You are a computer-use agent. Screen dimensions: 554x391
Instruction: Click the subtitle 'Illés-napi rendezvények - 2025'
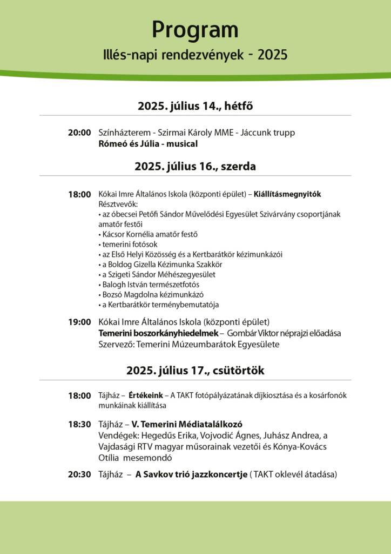pos(195,55)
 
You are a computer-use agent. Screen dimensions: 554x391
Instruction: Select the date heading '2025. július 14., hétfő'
pos(195,106)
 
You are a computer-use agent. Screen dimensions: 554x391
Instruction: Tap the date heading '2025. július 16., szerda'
pos(195,167)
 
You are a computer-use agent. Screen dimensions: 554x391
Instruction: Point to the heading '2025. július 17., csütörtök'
pos(195,371)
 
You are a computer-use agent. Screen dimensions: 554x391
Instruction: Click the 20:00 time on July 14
pos(79,133)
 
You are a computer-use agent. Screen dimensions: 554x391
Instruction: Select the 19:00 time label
pos(79,322)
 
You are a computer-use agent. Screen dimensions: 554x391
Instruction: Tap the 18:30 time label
pos(79,425)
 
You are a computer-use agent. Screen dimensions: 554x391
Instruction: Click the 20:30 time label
pos(79,474)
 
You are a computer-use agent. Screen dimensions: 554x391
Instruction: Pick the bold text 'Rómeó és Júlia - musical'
pos(148,144)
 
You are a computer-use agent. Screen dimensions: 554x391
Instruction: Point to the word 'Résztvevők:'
pos(118,204)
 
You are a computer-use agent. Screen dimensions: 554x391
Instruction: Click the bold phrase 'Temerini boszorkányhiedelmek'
pos(158,333)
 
